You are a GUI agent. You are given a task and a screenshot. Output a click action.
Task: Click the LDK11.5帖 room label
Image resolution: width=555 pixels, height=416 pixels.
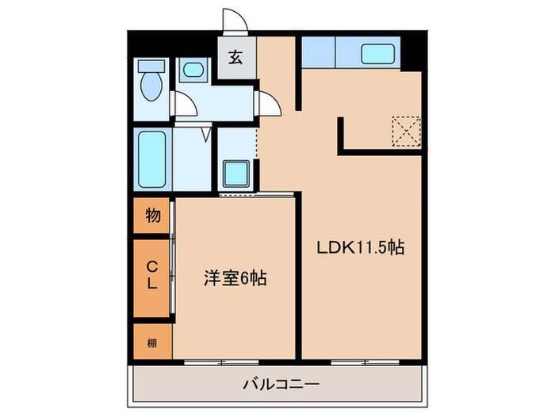tap(362, 248)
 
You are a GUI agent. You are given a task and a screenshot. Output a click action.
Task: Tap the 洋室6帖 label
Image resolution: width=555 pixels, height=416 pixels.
tap(235, 278)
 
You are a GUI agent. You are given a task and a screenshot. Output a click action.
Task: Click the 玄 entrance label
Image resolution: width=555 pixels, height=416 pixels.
tap(236, 58)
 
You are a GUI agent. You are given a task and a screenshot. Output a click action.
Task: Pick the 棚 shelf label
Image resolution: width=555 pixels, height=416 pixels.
tap(151, 342)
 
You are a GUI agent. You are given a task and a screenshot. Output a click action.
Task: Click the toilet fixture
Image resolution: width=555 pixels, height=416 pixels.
tap(151, 79)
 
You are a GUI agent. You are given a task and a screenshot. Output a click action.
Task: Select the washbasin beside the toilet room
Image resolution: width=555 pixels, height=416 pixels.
tap(192, 71)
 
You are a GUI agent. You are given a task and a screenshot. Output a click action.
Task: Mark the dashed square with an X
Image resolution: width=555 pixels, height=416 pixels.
tap(406, 129)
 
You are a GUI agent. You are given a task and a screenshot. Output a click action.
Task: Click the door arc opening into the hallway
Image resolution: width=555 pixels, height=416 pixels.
tap(269, 101)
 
